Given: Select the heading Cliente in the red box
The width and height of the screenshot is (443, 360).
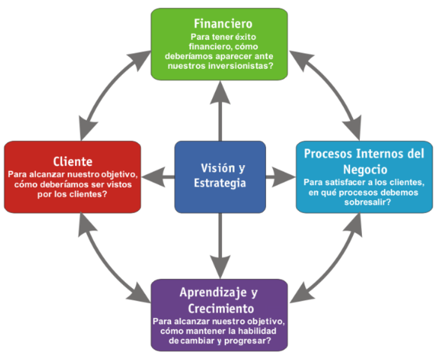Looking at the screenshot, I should pos(73,160).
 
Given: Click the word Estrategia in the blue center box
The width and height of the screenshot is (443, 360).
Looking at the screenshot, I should pos(220,183).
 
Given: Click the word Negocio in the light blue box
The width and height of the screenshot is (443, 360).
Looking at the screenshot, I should pos(363,169).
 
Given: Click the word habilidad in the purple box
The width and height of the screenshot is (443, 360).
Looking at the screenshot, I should pos(238,331).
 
